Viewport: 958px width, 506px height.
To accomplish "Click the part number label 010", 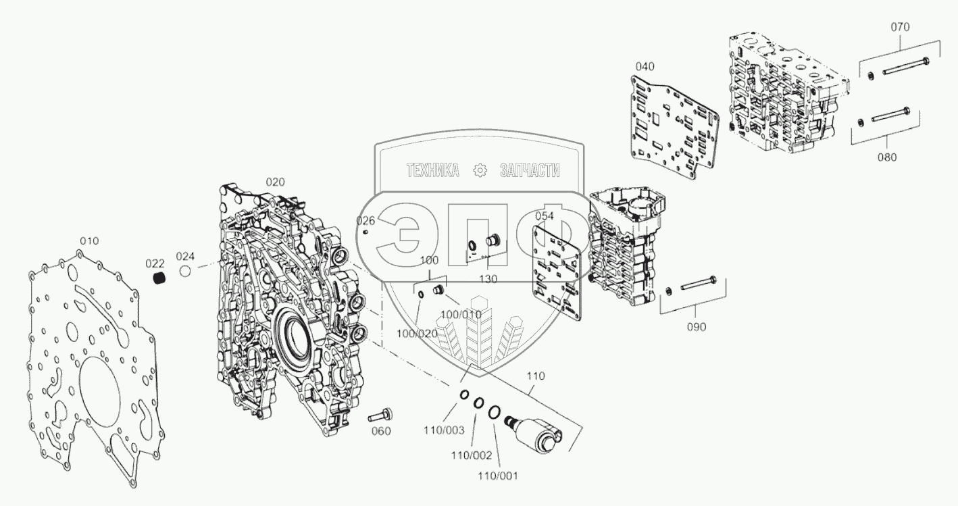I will click(x=89, y=241).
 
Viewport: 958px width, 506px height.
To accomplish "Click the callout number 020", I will click(x=275, y=182).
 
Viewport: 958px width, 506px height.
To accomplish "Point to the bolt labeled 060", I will click(x=382, y=413).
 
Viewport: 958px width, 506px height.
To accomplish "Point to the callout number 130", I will click(x=488, y=278).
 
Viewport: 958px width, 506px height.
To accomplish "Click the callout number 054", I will click(x=545, y=216).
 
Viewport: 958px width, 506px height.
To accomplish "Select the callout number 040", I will click(x=645, y=66).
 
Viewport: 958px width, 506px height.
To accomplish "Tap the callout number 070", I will click(x=900, y=27).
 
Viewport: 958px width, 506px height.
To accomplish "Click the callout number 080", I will click(x=887, y=157).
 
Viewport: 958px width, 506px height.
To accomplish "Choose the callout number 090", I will click(x=697, y=326).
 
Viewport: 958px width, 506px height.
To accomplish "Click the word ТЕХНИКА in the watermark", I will click(x=432, y=171).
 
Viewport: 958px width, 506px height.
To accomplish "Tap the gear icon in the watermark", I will click(x=480, y=171).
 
